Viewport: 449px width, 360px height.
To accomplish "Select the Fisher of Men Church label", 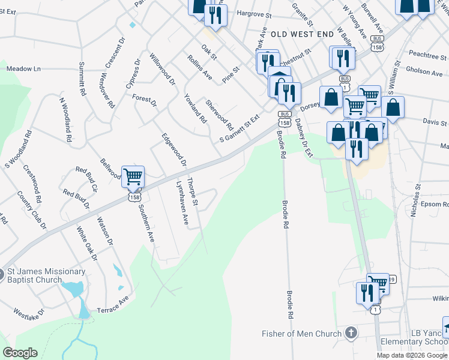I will tap(301, 334).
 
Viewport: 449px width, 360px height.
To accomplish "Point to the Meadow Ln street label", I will tap(23, 69).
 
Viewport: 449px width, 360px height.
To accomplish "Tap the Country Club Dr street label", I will tap(32, 211).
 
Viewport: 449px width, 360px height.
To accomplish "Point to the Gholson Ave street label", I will tap(424, 73).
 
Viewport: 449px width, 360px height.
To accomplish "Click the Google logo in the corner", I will tap(20, 353).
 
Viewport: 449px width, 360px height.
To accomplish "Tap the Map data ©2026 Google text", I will tap(411, 355).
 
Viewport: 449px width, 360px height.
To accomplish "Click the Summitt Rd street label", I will tap(82, 80).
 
